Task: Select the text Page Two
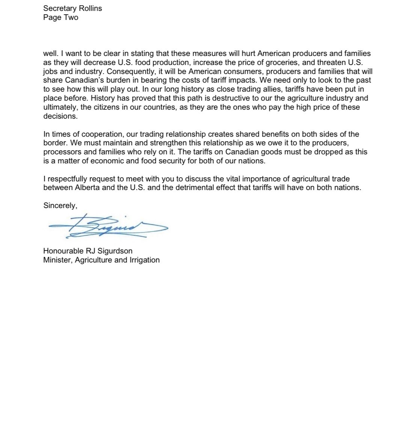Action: coord(61,17)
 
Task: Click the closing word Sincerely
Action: coord(60,205)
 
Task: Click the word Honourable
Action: coord(64,251)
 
